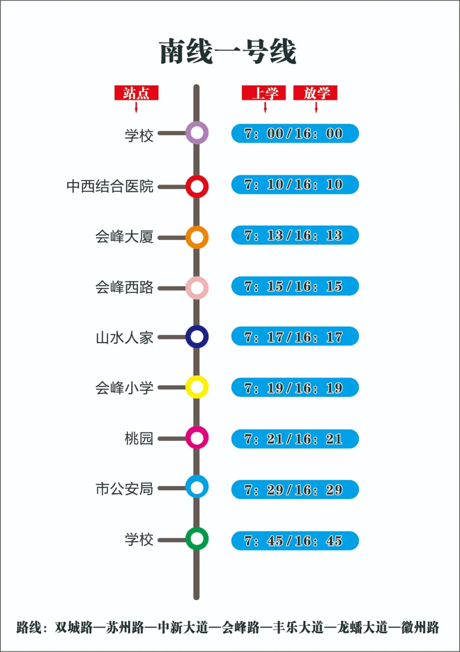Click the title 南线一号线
pos(228,52)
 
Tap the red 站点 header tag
pos(136,93)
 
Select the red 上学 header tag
pos(264,93)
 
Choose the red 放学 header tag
pos(315,93)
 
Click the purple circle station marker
pos(197,133)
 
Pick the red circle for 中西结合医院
pos(197,187)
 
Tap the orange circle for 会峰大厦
pos(197,237)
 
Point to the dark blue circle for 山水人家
pos(197,337)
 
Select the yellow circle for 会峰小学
pos(197,387)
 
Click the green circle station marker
pos(197,539)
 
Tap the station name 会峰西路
pos(124,287)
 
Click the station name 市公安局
pos(124,489)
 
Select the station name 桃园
pos(139,438)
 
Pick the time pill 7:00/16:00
pos(295,133)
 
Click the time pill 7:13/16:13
pos(295,235)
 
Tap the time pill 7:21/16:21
pos(295,439)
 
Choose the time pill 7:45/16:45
pos(295,540)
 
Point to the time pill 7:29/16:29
pos(295,490)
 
